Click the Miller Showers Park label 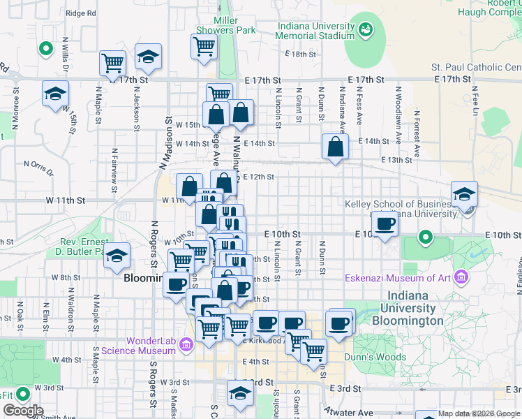click(x=226, y=25)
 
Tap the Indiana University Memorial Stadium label click(x=316, y=31)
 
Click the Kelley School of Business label click(x=401, y=209)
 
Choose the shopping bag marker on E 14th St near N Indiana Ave click(x=335, y=147)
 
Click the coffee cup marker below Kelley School click(x=385, y=225)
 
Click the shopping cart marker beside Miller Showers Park click(x=204, y=47)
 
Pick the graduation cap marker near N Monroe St click(x=55, y=95)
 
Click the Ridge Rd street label click(x=80, y=13)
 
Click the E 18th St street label click(x=301, y=54)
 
